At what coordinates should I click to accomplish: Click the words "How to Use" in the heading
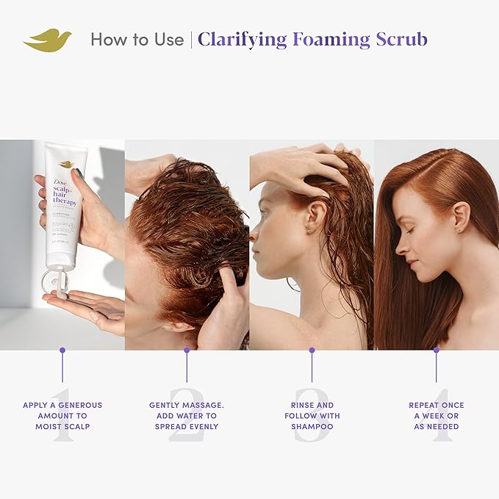[137, 40]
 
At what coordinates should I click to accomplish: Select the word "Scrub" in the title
[400, 40]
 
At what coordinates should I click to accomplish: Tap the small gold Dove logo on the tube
[66, 164]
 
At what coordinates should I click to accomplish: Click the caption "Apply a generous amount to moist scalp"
[62, 415]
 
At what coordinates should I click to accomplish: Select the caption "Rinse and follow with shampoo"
[312, 415]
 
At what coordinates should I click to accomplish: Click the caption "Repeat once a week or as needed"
[437, 415]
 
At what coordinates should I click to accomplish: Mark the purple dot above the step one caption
[62, 350]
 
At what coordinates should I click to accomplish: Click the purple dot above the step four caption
[436, 350]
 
